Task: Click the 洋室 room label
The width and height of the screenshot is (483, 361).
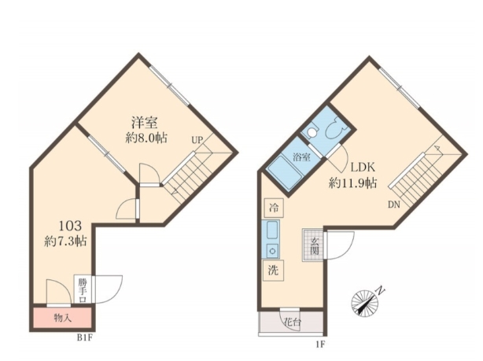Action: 145,123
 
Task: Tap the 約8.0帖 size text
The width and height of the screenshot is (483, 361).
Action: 146,138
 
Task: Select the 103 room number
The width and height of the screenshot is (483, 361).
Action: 70,226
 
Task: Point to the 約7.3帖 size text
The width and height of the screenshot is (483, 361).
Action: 65,241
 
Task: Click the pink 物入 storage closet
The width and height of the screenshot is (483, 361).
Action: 62,318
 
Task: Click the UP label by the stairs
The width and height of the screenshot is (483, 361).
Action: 197,141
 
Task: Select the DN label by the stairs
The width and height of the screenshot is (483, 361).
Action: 393,204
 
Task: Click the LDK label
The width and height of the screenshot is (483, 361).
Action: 363,168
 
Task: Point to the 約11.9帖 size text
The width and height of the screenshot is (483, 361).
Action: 352,183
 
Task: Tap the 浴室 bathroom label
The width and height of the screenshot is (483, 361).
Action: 301,157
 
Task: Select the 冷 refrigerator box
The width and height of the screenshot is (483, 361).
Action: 274,208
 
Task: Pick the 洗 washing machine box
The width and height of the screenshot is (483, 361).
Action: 273,271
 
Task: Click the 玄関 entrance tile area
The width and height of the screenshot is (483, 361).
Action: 314,245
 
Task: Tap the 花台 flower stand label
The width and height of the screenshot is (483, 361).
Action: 293,322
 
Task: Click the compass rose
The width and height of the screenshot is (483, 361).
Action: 365,303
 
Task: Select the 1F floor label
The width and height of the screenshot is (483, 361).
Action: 320,344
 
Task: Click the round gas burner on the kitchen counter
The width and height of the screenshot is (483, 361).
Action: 273,251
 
